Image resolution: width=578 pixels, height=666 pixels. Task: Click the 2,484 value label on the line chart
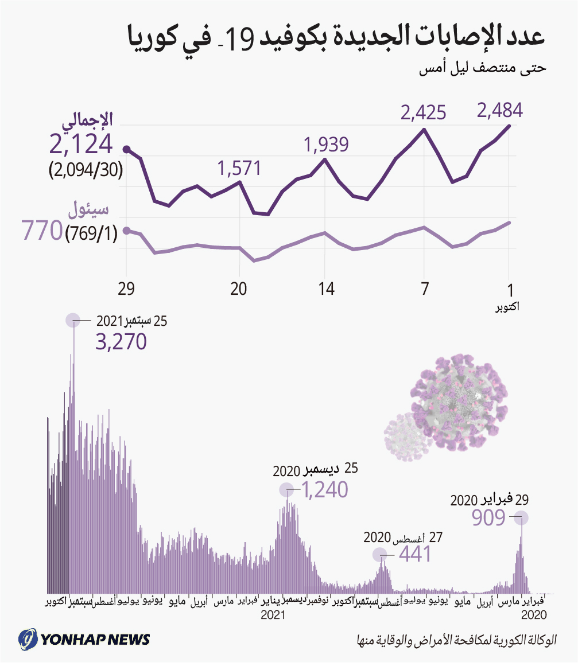pos(500,110)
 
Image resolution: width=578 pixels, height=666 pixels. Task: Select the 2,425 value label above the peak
pos(424,112)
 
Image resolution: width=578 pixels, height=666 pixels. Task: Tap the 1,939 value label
pos(327,145)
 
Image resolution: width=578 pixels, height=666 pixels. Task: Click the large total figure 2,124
pos(81,145)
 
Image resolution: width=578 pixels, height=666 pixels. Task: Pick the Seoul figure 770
pos(41,231)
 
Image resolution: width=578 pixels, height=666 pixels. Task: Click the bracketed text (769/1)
pos(90,233)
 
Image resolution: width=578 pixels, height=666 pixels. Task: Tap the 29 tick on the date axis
pos(126,289)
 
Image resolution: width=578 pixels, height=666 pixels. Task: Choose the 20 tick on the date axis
pos(239,289)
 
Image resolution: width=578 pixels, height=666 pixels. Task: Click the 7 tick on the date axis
pos(424,289)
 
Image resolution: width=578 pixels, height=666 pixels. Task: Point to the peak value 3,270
pos(121,342)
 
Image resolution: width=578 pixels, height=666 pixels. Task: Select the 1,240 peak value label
pos(325,490)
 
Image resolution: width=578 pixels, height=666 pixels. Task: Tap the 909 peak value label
pos(488,518)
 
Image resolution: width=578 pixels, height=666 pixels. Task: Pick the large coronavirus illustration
pos(460,396)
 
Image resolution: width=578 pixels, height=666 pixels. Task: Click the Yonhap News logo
pos(85,638)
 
